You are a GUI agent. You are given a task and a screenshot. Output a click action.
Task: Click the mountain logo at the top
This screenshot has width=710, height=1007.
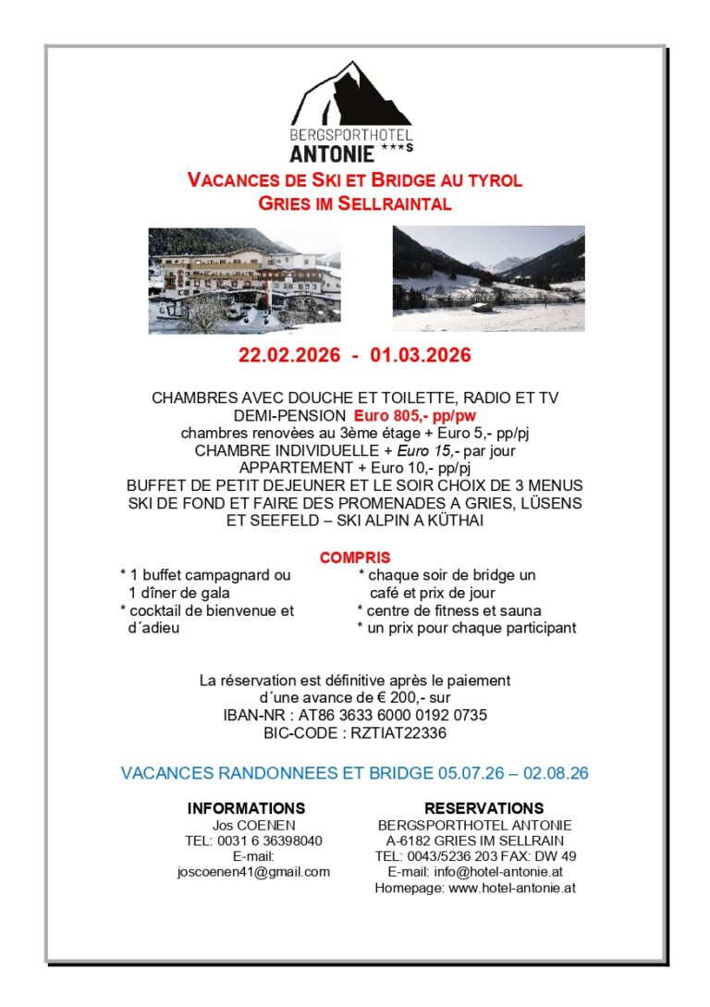pos(352,95)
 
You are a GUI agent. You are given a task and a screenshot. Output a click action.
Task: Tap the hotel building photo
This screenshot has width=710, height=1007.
pos(244,280)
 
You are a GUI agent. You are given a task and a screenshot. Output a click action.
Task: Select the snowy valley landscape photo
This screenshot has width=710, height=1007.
pos(488,278)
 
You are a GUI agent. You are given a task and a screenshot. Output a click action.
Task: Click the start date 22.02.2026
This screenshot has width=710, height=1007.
pos(288,356)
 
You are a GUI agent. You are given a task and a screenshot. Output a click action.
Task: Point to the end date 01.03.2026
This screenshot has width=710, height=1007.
pos(421,356)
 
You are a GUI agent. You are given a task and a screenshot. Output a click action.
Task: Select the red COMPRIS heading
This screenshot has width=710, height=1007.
pos(355,558)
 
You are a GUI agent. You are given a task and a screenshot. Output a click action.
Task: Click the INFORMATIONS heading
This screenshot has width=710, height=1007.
pos(246,808)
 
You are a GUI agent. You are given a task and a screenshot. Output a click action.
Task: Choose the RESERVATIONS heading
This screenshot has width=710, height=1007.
pos(484,808)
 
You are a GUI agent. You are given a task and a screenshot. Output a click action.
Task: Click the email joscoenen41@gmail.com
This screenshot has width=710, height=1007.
pos(253,872)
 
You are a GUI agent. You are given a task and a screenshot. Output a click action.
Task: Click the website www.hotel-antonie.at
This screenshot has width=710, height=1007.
pos(512,888)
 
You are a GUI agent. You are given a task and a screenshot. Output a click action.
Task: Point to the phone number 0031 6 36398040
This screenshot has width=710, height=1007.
pos(270,841)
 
